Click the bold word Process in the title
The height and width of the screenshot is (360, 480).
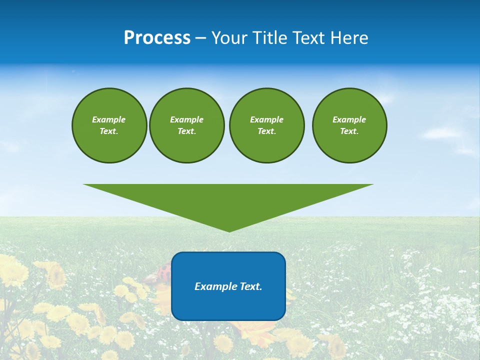(157, 38)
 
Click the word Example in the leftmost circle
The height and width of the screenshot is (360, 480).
(109, 119)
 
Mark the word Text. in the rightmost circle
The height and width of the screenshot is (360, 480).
(349, 131)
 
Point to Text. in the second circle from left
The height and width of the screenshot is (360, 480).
(186, 131)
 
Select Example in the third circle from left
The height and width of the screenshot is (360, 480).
(266, 119)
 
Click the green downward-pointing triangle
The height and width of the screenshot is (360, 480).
(228, 200)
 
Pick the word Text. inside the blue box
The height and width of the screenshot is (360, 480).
(251, 286)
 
